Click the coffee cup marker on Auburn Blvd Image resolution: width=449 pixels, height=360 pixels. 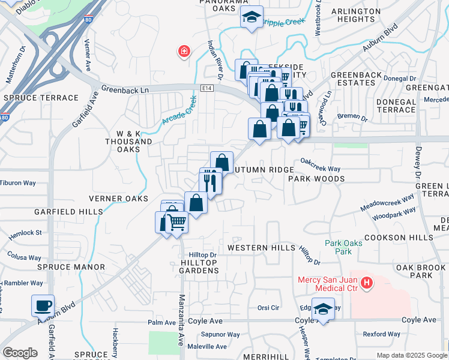pos(43,305)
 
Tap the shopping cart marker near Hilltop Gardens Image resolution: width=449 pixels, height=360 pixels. pos(176,223)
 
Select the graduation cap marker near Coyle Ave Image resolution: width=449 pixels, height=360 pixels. pos(323,310)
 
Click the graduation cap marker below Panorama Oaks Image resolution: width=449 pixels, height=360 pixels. pos(252,17)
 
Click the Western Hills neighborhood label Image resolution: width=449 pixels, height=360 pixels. pos(261,248)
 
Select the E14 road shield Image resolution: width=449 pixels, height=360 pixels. pos(207,88)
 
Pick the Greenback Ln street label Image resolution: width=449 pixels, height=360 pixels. pos(125,88)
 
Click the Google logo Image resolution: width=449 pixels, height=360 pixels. pos(20,353)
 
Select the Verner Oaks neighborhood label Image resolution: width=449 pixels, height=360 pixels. pos(118,199)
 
